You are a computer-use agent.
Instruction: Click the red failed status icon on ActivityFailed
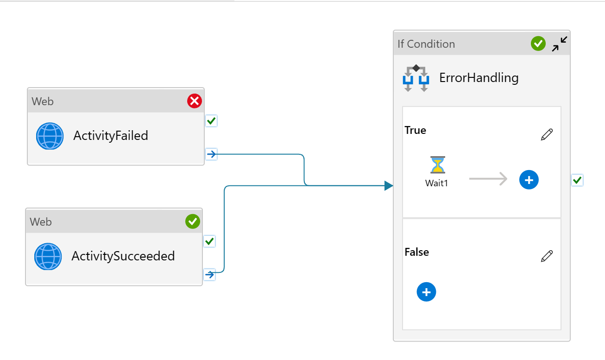(x=195, y=101)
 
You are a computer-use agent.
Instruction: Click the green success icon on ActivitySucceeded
(x=193, y=221)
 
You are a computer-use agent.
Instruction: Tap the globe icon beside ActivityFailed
(x=50, y=136)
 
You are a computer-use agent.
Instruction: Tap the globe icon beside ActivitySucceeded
(x=48, y=257)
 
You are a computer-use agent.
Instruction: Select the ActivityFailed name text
(x=111, y=136)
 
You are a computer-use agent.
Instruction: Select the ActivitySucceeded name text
(x=123, y=256)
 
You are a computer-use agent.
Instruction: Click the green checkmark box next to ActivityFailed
(x=211, y=121)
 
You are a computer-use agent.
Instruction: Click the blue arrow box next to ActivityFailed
(x=211, y=154)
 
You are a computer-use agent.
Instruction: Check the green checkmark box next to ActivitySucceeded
(x=210, y=241)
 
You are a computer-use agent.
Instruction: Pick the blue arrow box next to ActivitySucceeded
(x=210, y=275)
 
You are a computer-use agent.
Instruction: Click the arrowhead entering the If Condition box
(x=388, y=186)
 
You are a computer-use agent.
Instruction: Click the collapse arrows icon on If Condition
(x=560, y=44)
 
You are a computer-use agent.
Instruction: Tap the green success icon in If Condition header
(x=538, y=44)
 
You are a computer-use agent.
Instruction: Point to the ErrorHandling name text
(x=479, y=77)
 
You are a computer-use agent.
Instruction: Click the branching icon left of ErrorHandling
(x=416, y=78)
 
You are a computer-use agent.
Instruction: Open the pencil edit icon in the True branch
(x=547, y=135)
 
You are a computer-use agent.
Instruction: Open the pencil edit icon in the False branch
(x=547, y=256)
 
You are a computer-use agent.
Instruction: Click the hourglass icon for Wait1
(x=437, y=165)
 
